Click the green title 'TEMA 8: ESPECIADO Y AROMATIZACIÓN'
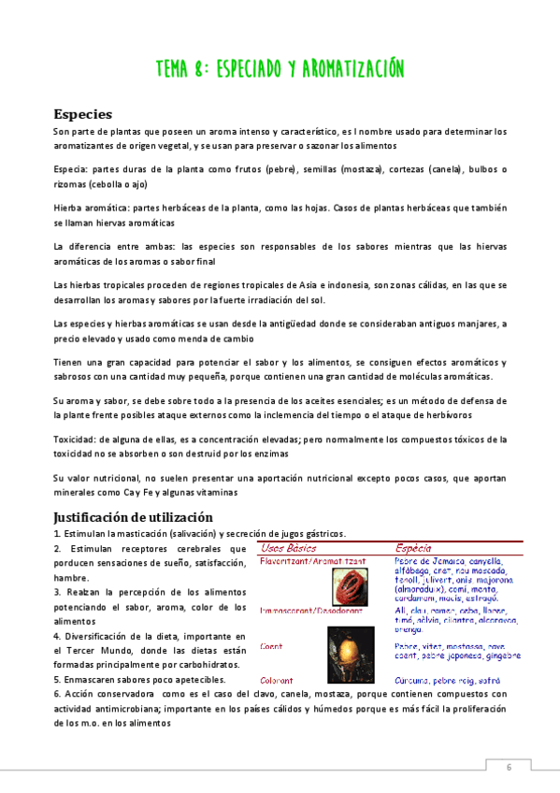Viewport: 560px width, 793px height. [280, 69]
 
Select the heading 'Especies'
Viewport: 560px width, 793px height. [83, 114]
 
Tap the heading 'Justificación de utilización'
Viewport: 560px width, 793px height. [134, 516]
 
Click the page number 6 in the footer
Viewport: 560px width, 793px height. [510, 767]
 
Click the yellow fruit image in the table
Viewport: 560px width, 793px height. [346, 645]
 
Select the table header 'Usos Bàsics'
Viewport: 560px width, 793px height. [289, 547]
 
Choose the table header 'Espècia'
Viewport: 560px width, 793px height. [413, 547]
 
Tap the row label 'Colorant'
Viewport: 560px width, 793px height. [277, 681]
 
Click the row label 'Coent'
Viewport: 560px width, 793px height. [271, 645]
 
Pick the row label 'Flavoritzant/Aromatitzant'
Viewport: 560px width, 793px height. [312, 561]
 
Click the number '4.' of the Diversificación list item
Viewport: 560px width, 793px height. [58, 636]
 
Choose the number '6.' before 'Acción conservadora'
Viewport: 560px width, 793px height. [58, 695]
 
